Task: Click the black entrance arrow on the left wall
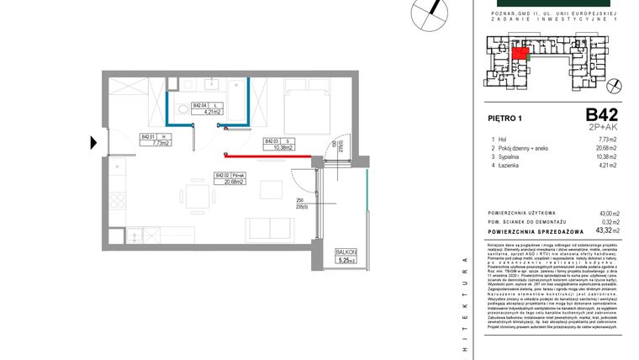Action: click(x=94, y=142)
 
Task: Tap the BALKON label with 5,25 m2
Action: click(x=346, y=256)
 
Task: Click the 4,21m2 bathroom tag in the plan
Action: click(x=206, y=108)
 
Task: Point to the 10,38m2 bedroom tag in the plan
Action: click(x=277, y=144)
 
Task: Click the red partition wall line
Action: click(x=273, y=155)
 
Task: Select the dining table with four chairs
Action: click(x=196, y=198)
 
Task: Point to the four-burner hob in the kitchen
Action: click(x=117, y=202)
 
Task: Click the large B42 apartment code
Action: click(x=602, y=115)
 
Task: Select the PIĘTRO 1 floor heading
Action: click(x=505, y=119)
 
